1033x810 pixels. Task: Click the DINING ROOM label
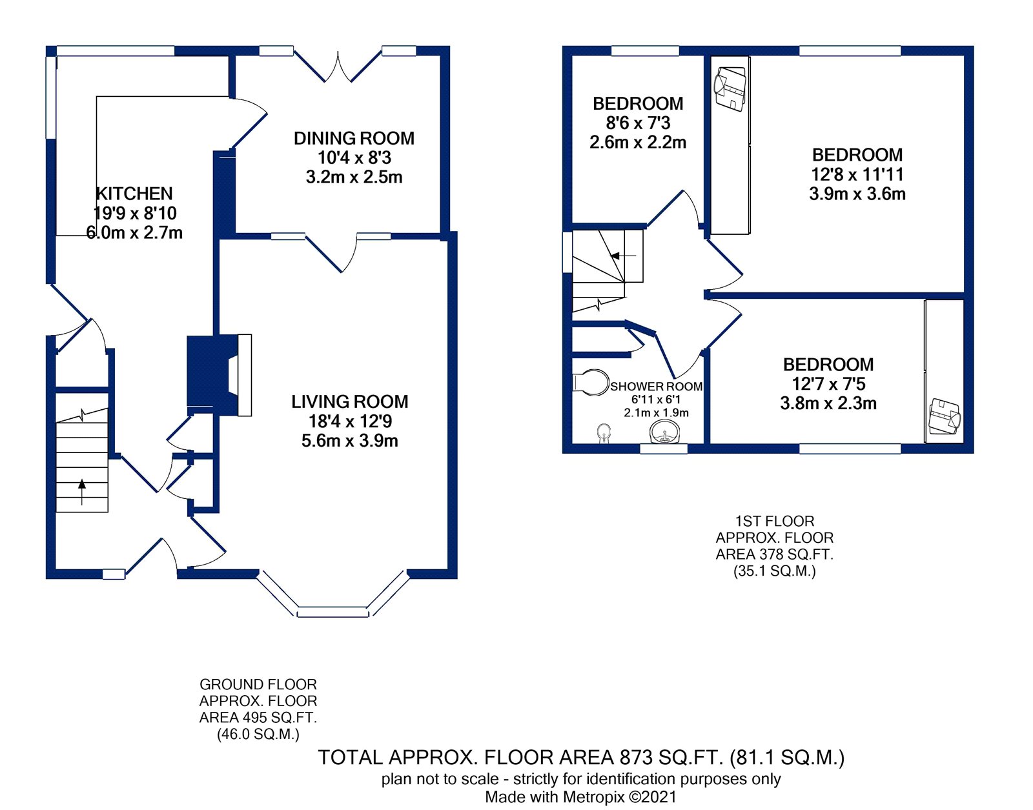(354, 138)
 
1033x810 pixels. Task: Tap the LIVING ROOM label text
(349, 402)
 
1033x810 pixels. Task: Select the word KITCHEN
(134, 194)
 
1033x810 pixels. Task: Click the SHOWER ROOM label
(656, 387)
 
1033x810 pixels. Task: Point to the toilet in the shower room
(591, 382)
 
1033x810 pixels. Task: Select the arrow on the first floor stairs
(623, 256)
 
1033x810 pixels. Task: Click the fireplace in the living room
(219, 375)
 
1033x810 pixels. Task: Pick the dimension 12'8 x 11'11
(857, 174)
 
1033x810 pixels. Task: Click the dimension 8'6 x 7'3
(638, 123)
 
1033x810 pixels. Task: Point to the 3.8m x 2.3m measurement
(828, 403)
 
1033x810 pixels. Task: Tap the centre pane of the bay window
(332, 612)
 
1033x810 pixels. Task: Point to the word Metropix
(593, 796)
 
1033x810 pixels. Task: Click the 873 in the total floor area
(635, 757)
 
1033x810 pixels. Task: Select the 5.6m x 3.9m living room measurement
(349, 441)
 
